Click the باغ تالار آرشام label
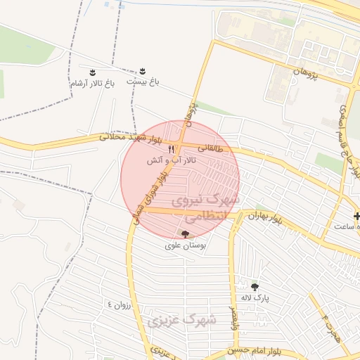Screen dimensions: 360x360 coord(91,84)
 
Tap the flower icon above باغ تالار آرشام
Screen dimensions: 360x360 coord(92,72)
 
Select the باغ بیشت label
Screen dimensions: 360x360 coord(143,82)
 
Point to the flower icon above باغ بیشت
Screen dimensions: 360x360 coord(143,70)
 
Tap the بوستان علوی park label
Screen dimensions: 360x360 coord(186,245)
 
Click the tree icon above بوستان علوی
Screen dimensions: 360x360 coord(186,234)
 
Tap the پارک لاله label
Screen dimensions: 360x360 coord(253,298)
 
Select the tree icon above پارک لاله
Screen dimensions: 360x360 coord(255,287)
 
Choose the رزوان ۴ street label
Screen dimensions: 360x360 coord(119,304)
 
